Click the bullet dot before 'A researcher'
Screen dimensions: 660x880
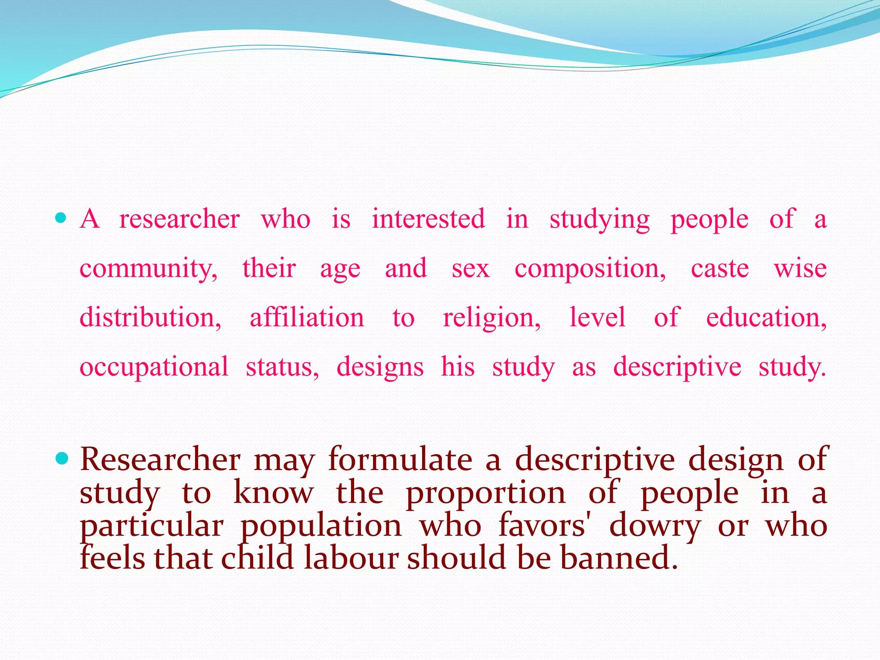(x=61, y=218)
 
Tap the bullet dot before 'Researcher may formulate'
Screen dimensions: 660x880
(x=62, y=459)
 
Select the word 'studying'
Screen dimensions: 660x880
(x=600, y=219)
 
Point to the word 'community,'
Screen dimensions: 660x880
(x=149, y=268)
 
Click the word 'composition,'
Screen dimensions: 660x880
(x=590, y=268)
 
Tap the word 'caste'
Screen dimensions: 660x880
(x=720, y=268)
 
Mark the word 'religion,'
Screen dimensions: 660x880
(x=492, y=318)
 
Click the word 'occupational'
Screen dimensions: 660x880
(x=154, y=367)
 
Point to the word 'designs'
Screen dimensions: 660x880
(x=380, y=367)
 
